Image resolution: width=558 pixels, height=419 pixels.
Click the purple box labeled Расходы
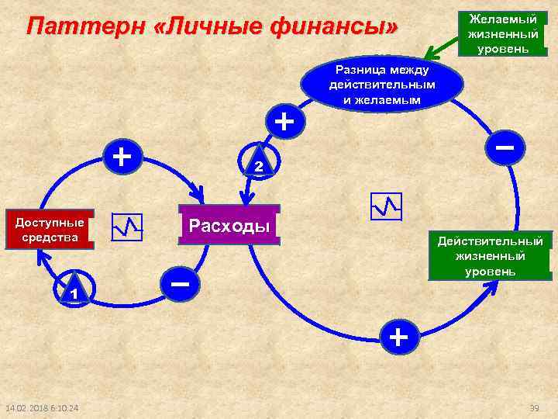tap(229, 226)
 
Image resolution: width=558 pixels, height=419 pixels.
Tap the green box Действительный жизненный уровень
tap(491, 255)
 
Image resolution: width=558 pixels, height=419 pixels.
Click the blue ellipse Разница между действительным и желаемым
tap(382, 85)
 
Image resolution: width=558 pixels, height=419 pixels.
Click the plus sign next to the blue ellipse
tap(285, 121)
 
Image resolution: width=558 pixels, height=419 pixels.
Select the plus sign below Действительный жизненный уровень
tap(398, 336)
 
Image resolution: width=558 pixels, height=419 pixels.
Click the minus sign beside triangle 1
tap(180, 284)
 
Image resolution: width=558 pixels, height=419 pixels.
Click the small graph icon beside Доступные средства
tap(127, 227)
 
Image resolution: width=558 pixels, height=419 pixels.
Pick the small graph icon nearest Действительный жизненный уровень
tap(386, 206)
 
